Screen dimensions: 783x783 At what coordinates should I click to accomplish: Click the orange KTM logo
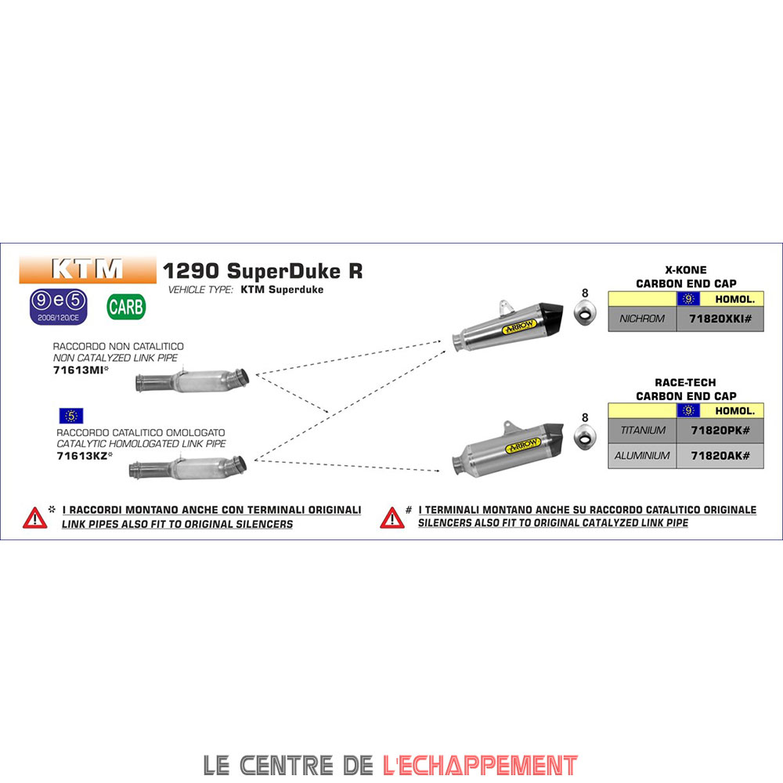pyautogui.click(x=88, y=269)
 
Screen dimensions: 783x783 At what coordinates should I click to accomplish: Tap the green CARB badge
pyautogui.click(x=126, y=306)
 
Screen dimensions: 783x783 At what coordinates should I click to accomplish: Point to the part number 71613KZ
pyautogui.click(x=81, y=455)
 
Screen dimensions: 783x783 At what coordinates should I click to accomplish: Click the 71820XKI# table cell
pyautogui.click(x=720, y=319)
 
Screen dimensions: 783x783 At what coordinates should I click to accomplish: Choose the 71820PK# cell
pyautogui.click(x=720, y=431)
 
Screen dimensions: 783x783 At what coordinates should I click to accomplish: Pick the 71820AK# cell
pyautogui.click(x=720, y=456)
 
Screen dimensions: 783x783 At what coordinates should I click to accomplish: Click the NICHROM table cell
pyautogui.click(x=642, y=319)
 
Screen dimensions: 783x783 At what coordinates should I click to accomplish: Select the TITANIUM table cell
pyautogui.click(x=642, y=431)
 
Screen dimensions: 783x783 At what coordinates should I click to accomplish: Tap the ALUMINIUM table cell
pyautogui.click(x=642, y=456)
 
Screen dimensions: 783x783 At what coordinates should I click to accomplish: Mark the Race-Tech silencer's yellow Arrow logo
pyautogui.click(x=523, y=446)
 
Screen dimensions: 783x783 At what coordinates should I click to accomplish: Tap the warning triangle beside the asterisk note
pyautogui.click(x=34, y=518)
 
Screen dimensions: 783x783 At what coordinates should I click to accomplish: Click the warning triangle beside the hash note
pyautogui.click(x=391, y=518)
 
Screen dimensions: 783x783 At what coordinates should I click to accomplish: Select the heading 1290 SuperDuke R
pyautogui.click(x=262, y=271)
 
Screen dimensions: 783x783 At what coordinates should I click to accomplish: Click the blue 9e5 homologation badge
pyautogui.click(x=58, y=306)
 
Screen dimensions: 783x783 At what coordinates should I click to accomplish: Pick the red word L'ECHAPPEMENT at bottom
pyautogui.click(x=480, y=764)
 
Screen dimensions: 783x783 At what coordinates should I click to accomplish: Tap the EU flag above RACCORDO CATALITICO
pyautogui.click(x=70, y=416)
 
